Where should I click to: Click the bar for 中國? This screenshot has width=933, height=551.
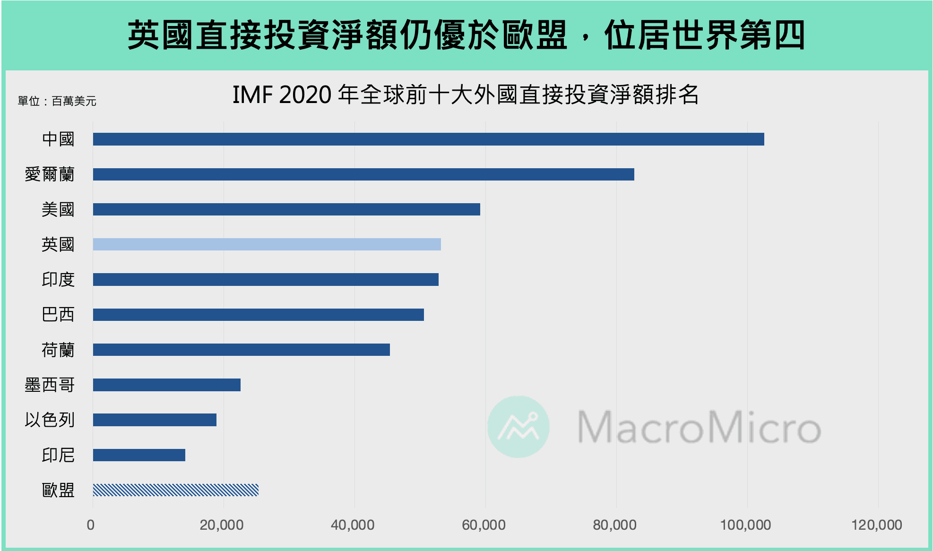click(x=428, y=139)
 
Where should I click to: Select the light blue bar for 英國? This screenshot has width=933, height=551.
click(x=267, y=244)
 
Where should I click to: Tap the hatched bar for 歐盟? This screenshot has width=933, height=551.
click(x=175, y=490)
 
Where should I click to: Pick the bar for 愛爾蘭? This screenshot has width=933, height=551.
click(x=363, y=174)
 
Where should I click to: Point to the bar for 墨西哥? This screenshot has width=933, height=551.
click(x=166, y=385)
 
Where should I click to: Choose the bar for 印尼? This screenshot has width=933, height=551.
click(x=139, y=455)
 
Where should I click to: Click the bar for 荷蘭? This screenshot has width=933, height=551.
click(x=241, y=350)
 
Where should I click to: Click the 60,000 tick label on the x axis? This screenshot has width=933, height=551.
click(x=484, y=525)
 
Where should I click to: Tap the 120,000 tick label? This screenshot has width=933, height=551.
click(x=876, y=525)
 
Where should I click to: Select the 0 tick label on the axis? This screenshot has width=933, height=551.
click(x=91, y=525)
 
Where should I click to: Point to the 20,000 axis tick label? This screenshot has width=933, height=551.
click(x=221, y=525)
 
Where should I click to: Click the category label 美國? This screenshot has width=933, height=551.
click(x=58, y=209)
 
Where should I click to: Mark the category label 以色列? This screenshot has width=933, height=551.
click(x=50, y=420)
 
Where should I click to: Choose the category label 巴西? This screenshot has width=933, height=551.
click(x=58, y=315)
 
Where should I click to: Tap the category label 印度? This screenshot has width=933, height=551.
click(x=58, y=279)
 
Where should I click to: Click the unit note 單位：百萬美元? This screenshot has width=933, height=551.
click(x=57, y=101)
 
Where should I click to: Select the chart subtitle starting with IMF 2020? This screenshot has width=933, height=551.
click(x=465, y=95)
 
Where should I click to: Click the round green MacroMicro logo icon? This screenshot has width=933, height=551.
click(x=518, y=426)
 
